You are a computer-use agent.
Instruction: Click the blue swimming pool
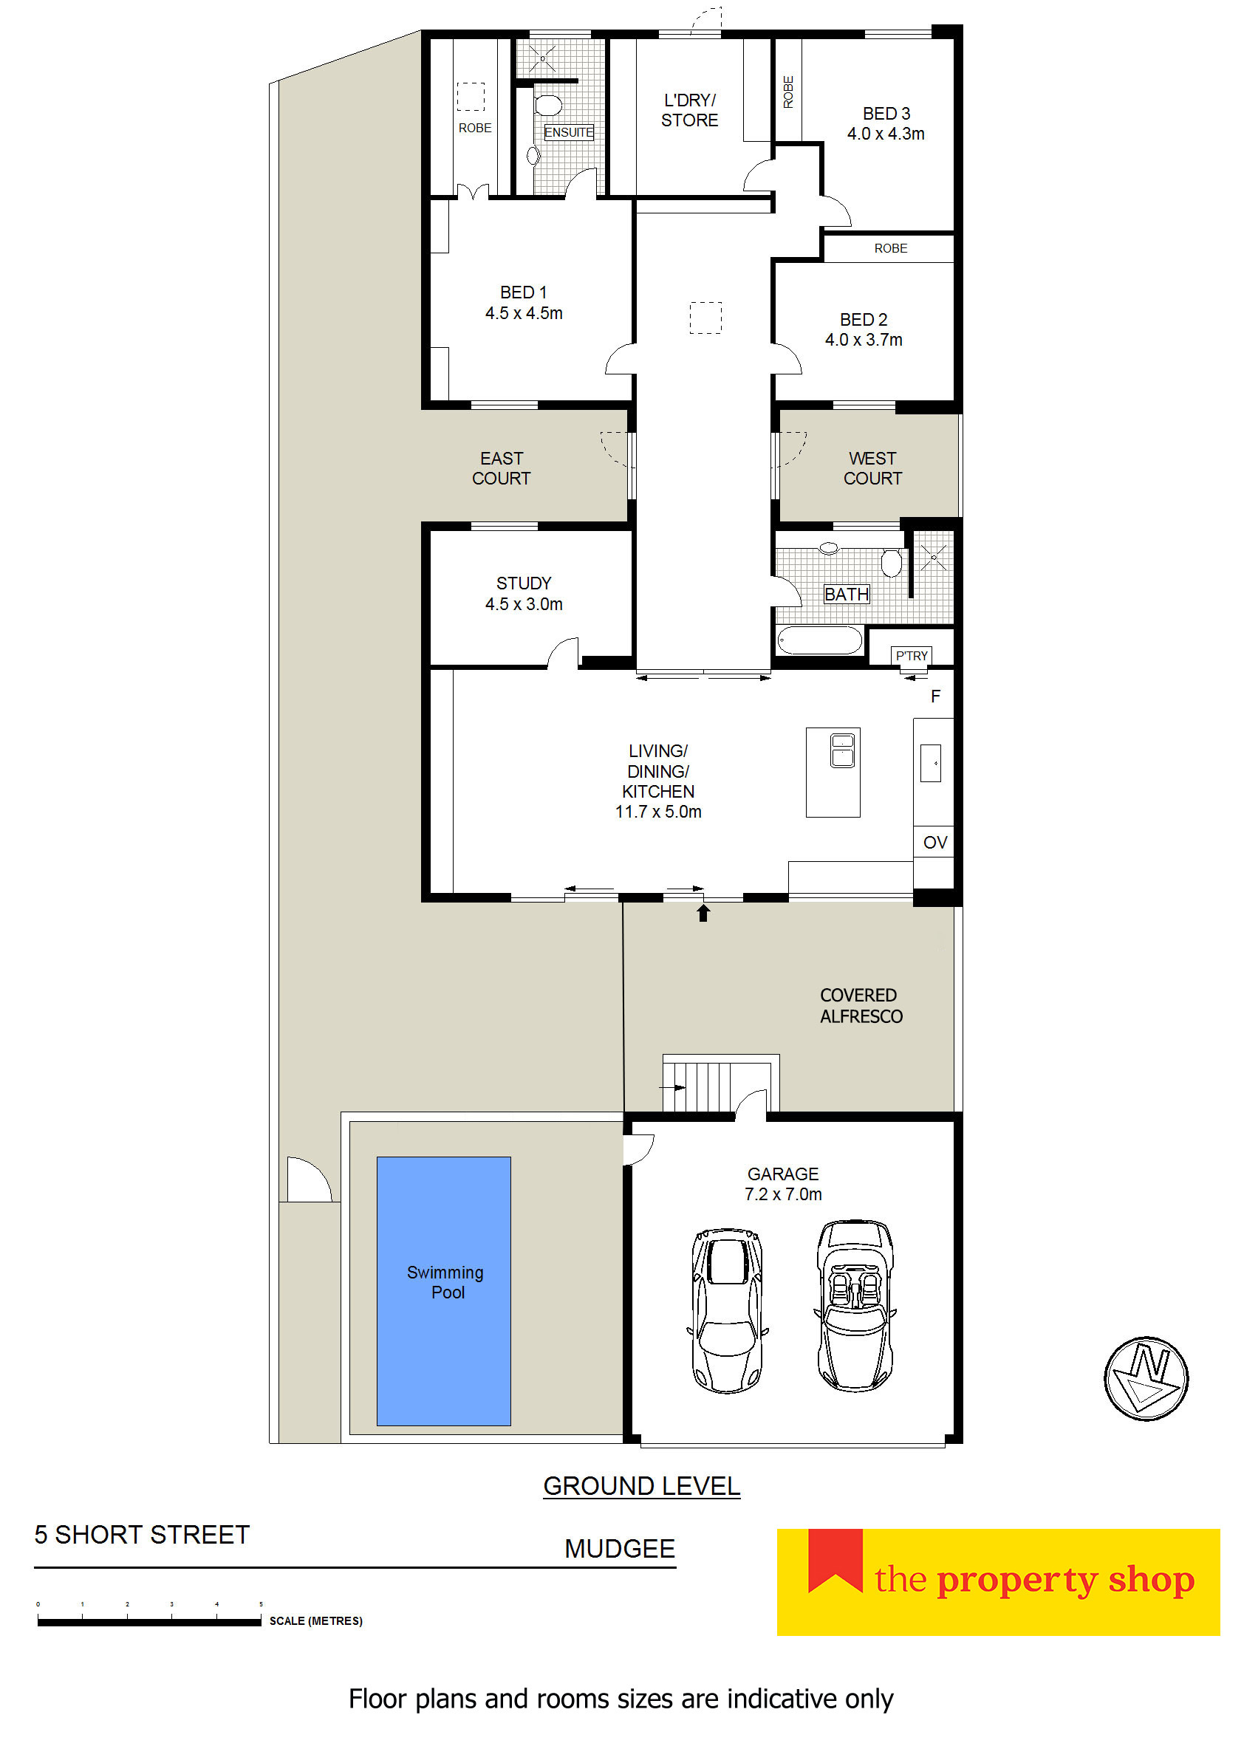click(x=443, y=1290)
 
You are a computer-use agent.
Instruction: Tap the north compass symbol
click(x=1146, y=1378)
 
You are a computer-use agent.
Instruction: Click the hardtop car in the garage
click(x=727, y=1311)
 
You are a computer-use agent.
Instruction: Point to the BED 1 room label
click(x=524, y=292)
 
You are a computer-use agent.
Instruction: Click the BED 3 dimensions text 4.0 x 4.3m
click(x=886, y=134)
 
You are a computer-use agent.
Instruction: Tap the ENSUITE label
click(x=568, y=132)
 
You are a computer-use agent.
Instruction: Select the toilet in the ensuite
click(x=547, y=105)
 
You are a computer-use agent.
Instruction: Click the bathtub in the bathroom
click(x=820, y=640)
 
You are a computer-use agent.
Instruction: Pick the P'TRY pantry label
click(x=912, y=656)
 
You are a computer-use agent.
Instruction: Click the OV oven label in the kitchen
click(x=935, y=843)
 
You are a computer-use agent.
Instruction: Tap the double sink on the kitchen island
click(x=843, y=750)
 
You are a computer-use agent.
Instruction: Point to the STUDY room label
click(x=524, y=583)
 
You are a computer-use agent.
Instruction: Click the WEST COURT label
click(x=872, y=469)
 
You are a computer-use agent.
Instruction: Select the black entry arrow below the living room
click(x=703, y=913)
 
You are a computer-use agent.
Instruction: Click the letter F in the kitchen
click(x=935, y=696)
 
